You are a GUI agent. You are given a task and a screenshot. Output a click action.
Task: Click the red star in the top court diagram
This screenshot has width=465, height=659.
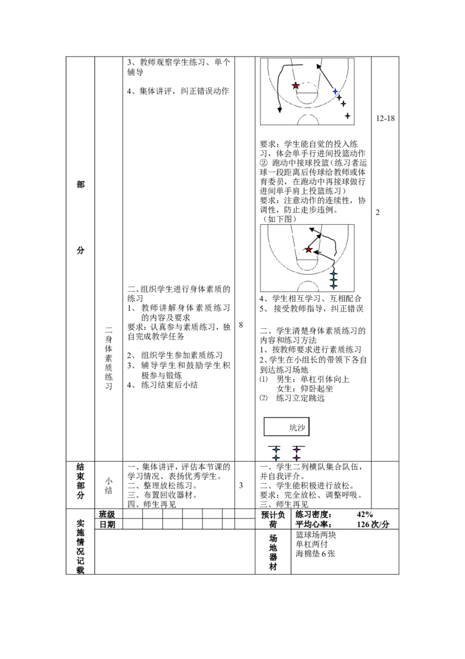click(296, 86)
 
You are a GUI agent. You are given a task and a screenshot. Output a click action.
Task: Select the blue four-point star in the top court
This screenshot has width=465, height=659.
click(335, 91)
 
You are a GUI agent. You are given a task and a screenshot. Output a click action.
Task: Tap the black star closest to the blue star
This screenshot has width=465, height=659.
click(339, 97)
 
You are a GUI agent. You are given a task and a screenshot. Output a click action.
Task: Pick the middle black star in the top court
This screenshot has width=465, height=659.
click(344, 104)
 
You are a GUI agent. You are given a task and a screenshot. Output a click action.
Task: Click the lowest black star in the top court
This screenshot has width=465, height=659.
click(348, 116)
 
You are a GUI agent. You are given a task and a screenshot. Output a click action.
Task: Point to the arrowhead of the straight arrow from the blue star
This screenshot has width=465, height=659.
click(319, 66)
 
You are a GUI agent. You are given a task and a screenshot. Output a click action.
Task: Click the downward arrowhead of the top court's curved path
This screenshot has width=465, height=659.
click(280, 110)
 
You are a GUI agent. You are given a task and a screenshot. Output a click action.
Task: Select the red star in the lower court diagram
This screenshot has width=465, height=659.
click(309, 250)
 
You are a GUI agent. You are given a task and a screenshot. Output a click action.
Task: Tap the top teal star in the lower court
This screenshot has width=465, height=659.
click(334, 273)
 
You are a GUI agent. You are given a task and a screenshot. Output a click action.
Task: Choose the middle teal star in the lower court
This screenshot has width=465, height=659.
click(334, 279)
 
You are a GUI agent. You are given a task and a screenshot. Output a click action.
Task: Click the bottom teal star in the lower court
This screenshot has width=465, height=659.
click(334, 286)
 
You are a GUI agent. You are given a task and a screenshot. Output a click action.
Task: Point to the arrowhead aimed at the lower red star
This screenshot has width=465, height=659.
click(316, 251)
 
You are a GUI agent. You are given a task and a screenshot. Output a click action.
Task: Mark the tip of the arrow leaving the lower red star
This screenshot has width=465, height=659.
click(320, 236)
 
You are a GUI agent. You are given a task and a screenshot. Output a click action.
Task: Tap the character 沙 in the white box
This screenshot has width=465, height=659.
click(301, 428)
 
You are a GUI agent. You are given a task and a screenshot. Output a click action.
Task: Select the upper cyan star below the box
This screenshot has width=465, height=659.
click(276, 449)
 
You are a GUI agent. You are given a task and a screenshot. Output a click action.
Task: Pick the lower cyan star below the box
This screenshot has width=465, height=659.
click(276, 458)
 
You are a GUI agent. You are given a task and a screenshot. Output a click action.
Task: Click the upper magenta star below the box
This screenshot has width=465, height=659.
click(296, 449)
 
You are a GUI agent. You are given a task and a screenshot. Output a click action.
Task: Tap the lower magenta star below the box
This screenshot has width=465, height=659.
click(296, 458)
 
